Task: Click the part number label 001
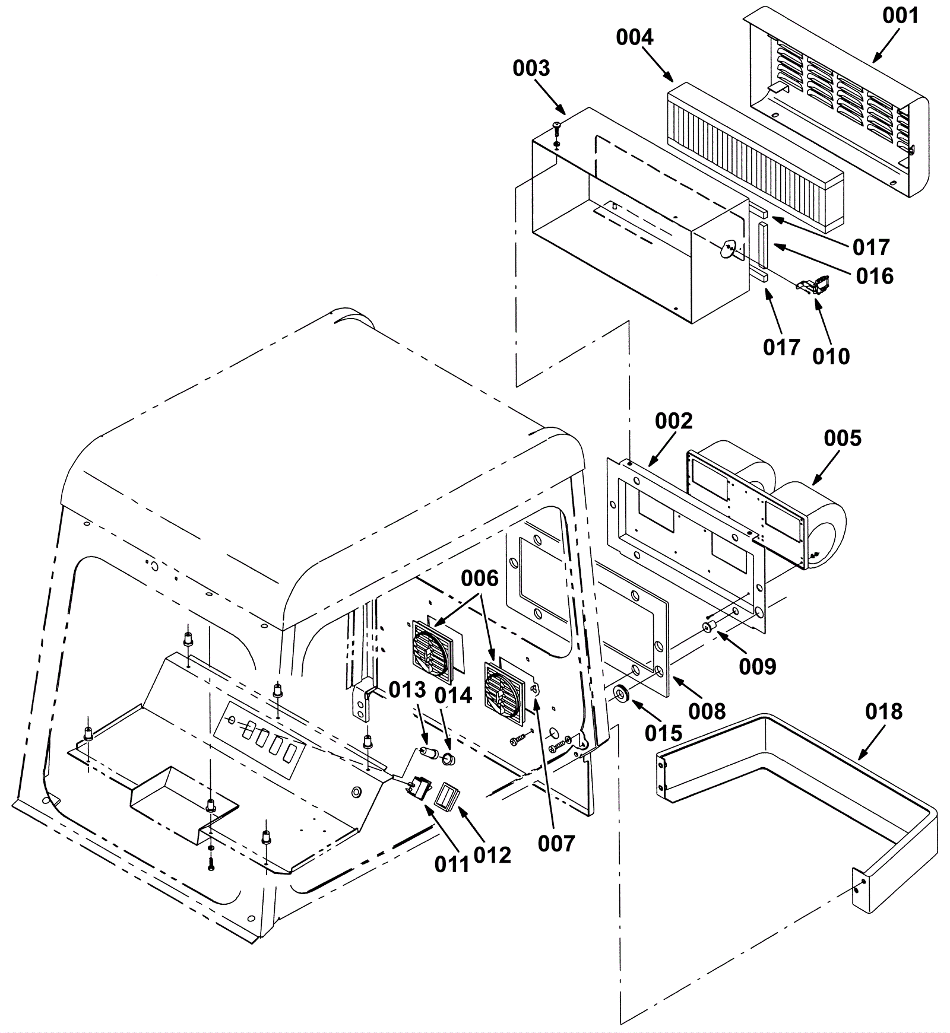[900, 16]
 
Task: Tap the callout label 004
[634, 37]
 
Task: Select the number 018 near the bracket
[883, 711]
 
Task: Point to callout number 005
[842, 438]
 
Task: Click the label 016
[875, 276]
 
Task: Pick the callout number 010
[831, 357]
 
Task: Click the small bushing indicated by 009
[708, 628]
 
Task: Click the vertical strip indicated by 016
[762, 244]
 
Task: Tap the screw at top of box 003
[556, 125]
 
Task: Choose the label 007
[556, 843]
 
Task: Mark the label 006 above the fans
[480, 579]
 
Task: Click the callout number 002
[673, 421]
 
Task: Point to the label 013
[407, 689]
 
